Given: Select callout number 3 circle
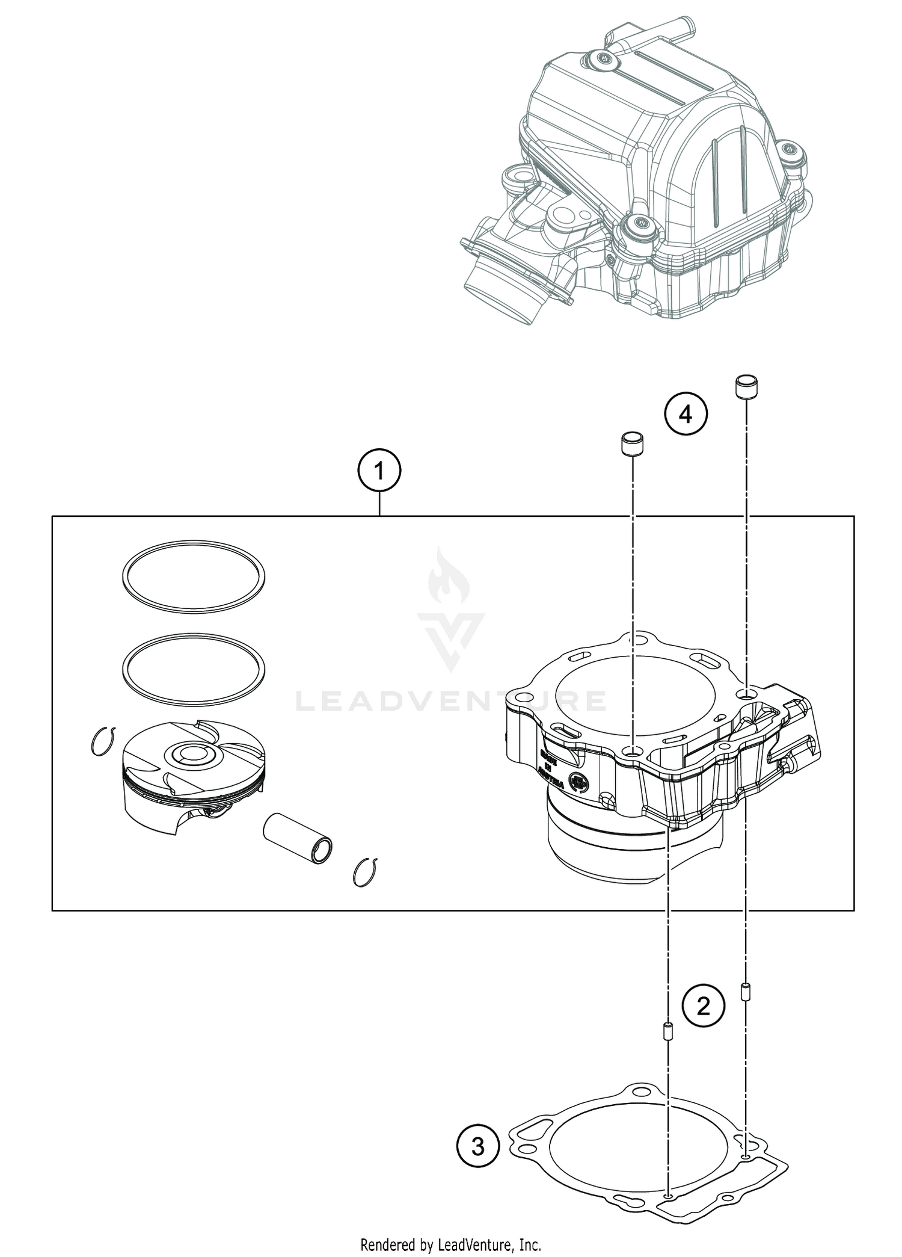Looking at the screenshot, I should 477,1147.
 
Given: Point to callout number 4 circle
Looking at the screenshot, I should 686,415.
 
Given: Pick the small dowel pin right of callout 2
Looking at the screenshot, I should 746,991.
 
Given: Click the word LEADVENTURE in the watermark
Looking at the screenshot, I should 450,700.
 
